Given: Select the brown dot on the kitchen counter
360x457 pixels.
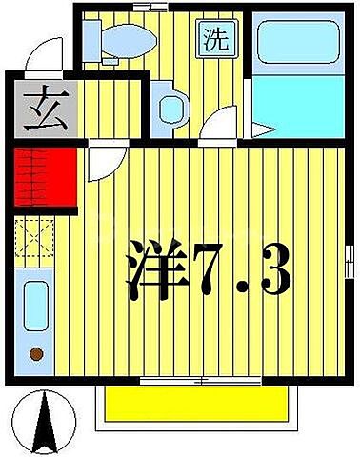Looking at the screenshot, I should point(36,354).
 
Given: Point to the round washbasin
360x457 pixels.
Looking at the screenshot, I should point(170,108).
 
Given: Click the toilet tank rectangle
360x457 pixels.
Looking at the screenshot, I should point(91,38).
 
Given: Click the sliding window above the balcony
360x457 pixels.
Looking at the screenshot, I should point(194,381).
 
